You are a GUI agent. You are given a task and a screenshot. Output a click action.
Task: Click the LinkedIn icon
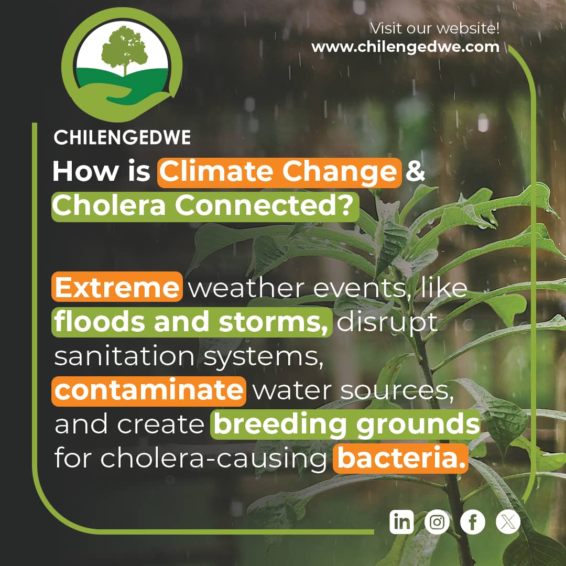click(401, 522)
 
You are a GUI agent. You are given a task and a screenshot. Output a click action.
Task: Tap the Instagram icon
click(437, 522)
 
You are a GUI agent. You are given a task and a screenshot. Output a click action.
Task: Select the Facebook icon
click(473, 522)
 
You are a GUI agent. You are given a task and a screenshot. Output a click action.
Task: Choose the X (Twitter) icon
click(508, 522)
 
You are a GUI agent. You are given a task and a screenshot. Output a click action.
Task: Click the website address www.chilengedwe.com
click(405, 47)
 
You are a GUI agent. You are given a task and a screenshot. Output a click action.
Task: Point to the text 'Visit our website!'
click(434, 27)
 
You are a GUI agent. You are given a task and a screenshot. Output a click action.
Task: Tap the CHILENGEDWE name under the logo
click(122, 138)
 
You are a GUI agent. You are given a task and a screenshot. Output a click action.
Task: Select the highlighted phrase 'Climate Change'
click(279, 172)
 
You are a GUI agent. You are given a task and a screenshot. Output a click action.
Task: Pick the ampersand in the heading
click(416, 172)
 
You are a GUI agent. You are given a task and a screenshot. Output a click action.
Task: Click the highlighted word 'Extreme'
click(117, 288)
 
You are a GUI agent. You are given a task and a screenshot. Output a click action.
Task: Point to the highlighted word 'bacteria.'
click(401, 459)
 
